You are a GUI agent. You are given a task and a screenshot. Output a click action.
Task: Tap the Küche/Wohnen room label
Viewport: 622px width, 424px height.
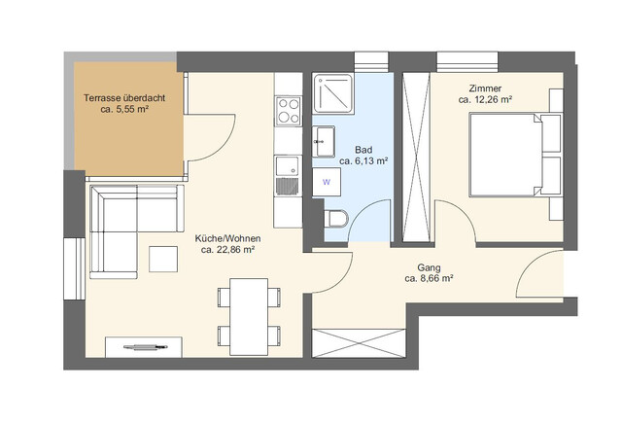pos(227,237)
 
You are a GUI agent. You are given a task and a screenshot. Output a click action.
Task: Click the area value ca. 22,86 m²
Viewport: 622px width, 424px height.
pos(227,250)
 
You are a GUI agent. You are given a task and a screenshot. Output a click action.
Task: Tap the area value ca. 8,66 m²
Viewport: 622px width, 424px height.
pos(430,278)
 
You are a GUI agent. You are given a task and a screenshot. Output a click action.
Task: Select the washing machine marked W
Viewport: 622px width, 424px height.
pos(327,181)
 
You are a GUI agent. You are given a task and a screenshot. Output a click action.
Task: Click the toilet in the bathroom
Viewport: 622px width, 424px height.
pos(334,219)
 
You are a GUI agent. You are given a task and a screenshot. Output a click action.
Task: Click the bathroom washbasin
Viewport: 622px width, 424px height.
pos(323,142)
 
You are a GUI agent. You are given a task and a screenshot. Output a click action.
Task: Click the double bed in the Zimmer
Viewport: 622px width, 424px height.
pos(515,155)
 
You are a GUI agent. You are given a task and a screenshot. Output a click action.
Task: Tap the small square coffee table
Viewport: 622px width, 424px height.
pos(164,260)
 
